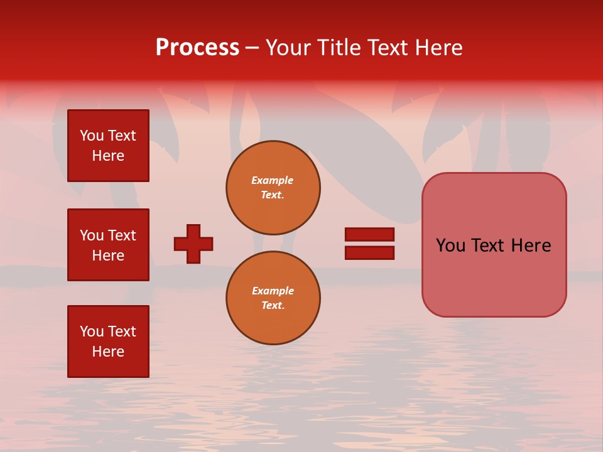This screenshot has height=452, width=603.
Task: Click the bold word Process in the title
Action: [x=197, y=48]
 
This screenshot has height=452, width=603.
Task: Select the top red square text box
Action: [x=108, y=146]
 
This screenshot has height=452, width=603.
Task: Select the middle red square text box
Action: [x=108, y=245]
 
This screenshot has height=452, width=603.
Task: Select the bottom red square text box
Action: [x=108, y=342]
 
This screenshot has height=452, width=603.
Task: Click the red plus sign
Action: [x=193, y=244]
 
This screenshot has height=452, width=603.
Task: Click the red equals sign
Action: [x=369, y=244]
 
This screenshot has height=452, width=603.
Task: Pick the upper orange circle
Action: [x=273, y=188]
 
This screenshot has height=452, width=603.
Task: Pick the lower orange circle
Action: [x=273, y=298]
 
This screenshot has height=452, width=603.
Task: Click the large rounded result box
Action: [x=494, y=245]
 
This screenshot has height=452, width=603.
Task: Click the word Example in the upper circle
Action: [x=273, y=180]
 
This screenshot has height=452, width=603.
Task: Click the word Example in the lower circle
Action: [x=273, y=291]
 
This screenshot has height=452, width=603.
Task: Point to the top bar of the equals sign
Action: [x=369, y=234]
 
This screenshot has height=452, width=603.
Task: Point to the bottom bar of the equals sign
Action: [x=369, y=253]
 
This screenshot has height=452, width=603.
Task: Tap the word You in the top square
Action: [x=92, y=136]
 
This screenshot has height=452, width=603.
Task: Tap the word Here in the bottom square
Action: [x=108, y=352]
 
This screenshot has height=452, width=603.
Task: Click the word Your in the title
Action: [x=288, y=48]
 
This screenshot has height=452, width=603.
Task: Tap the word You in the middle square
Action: [x=92, y=235]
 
